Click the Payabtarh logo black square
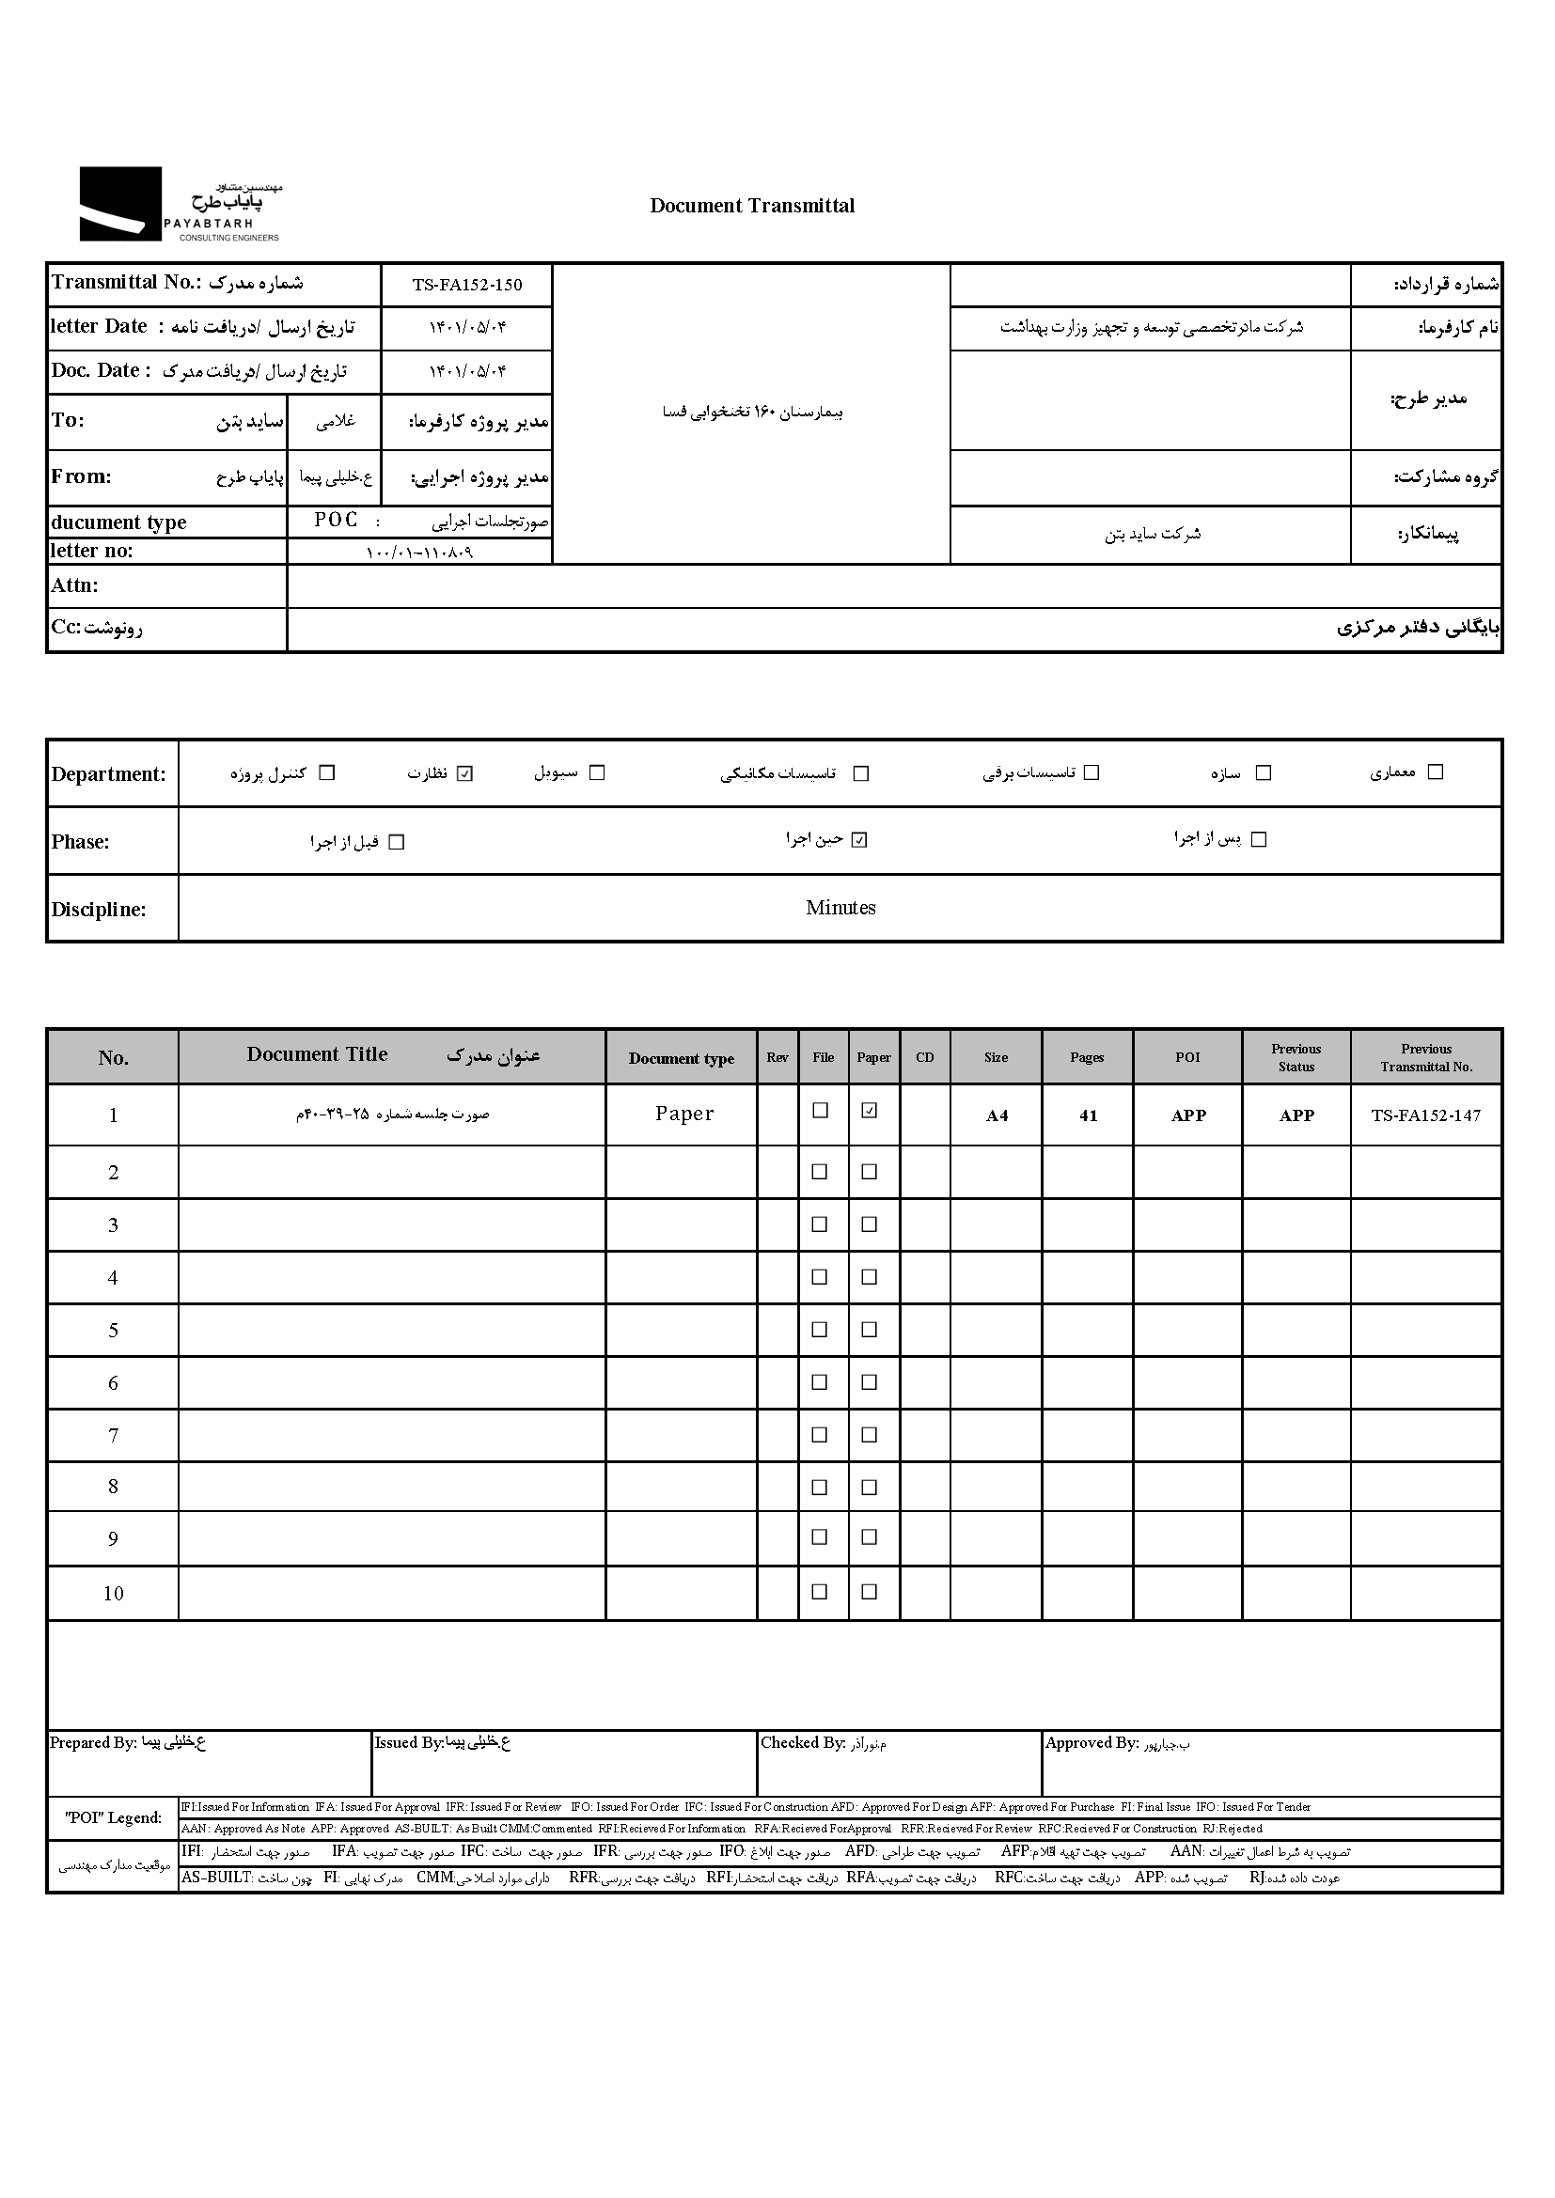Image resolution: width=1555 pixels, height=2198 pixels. pyautogui.click(x=119, y=203)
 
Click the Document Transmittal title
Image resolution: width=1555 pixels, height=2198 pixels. pyautogui.click(x=752, y=206)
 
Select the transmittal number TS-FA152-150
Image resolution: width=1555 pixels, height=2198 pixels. pyautogui.click(x=467, y=285)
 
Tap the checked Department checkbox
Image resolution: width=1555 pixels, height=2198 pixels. pyautogui.click(x=465, y=773)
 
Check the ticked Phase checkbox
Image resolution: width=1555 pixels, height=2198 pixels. pyautogui.click(x=859, y=840)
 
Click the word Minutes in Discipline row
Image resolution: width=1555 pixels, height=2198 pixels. pyautogui.click(x=840, y=908)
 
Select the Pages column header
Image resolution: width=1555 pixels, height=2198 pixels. pyautogui.click(x=1087, y=1058)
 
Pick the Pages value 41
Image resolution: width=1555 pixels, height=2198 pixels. pyautogui.click(x=1088, y=1115)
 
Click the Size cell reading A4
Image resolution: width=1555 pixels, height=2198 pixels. pyautogui.click(x=997, y=1115)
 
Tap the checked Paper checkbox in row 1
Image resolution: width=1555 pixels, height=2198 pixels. pyautogui.click(x=870, y=1111)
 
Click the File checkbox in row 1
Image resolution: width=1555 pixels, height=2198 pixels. pyautogui.click(x=820, y=1111)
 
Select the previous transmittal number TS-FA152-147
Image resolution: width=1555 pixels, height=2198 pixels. pyautogui.click(x=1426, y=1115)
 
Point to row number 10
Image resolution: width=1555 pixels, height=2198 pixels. pyautogui.click(x=113, y=1594)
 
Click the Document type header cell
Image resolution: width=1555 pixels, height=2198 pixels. pyautogui.click(x=681, y=1058)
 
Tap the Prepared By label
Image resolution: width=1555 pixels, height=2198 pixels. pyautogui.click(x=92, y=1743)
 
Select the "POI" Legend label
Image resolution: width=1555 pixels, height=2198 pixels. pyautogui.click(x=113, y=1818)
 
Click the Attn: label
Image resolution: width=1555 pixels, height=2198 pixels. pyautogui.click(x=74, y=585)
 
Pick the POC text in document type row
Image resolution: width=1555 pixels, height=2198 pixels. pyautogui.click(x=336, y=520)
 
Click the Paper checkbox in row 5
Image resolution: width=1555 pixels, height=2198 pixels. pyautogui.click(x=870, y=1330)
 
